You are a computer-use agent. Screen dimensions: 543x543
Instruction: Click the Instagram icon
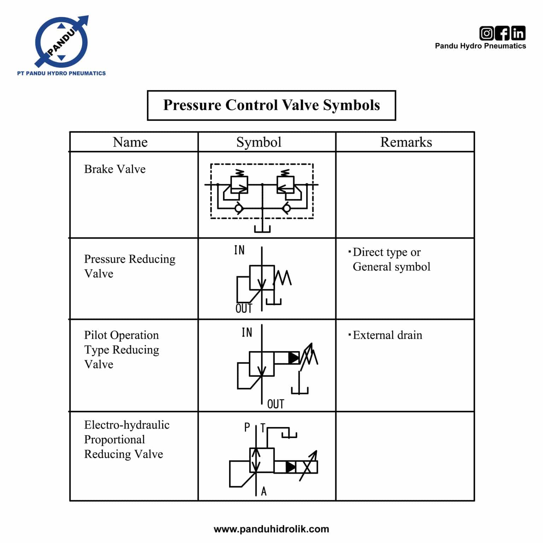(486, 33)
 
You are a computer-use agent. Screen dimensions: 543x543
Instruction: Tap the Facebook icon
(502, 33)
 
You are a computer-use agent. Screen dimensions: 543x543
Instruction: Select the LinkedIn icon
(518, 33)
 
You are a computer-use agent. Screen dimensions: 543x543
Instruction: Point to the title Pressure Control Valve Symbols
(271, 105)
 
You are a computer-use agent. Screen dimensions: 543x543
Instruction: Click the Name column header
(130, 142)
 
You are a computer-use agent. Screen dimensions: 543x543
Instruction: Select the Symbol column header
(259, 142)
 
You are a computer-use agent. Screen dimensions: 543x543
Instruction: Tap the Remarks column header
(406, 142)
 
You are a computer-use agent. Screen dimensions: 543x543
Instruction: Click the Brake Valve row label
(115, 169)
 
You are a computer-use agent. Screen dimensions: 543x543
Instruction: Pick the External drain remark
(387, 335)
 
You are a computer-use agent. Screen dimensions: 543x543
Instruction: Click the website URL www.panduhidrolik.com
(271, 529)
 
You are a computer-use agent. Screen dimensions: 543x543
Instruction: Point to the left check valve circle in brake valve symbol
(239, 208)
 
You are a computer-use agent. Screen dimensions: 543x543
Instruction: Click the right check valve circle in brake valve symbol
(287, 208)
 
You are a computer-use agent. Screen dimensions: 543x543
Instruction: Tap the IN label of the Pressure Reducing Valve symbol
(239, 250)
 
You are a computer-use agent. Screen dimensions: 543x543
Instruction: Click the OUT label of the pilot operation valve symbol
(275, 404)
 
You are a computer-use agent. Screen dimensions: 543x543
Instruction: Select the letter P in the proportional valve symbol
(247, 427)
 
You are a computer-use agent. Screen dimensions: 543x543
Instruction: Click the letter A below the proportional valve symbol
(264, 491)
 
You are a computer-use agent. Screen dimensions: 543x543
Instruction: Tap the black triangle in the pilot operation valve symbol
(293, 358)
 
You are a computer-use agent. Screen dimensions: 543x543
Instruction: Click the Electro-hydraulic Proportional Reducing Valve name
(127, 439)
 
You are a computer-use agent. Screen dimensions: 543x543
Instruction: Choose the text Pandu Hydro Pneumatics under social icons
(480, 46)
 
